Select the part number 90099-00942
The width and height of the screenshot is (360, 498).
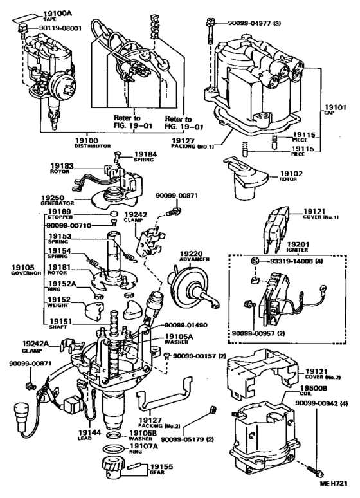pyautogui.click(x=321, y=403)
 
